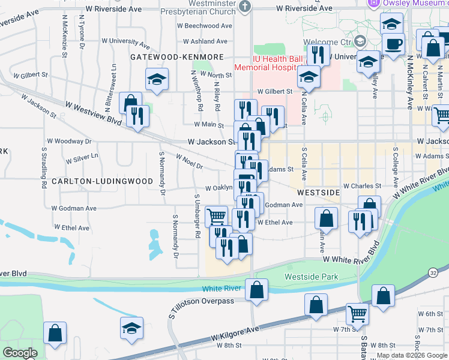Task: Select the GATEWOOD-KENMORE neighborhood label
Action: (169, 56)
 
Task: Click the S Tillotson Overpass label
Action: (201, 301)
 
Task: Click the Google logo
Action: (20, 353)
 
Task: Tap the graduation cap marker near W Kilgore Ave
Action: (132, 328)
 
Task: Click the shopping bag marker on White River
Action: (257, 290)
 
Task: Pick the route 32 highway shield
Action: (433, 272)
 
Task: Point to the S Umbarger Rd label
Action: (196, 216)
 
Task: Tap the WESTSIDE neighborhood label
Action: (318, 193)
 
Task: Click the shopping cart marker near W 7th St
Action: (357, 313)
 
